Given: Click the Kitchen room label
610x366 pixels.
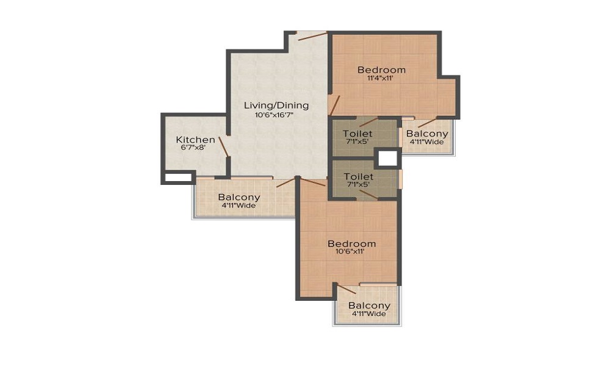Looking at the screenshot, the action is click(x=195, y=140).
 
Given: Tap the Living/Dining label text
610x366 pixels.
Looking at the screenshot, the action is click(x=276, y=106).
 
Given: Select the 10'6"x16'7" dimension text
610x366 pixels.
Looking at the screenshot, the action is click(x=274, y=115).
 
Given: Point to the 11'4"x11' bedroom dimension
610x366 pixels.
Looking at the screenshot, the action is click(x=381, y=78).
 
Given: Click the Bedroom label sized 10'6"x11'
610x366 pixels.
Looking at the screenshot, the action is click(x=352, y=244).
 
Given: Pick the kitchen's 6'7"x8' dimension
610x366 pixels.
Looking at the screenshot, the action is click(x=193, y=148).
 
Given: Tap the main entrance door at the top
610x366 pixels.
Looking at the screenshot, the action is click(x=312, y=36).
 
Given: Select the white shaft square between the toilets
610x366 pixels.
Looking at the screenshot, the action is click(x=387, y=159).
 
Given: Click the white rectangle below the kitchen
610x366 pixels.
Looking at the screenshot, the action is click(x=178, y=178).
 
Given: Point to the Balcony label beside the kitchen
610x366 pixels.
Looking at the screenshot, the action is click(x=239, y=197).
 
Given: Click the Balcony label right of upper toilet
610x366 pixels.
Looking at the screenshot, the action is click(x=427, y=134).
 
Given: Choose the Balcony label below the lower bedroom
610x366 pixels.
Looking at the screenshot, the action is click(x=369, y=306).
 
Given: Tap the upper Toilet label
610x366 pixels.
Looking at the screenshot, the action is click(x=357, y=134).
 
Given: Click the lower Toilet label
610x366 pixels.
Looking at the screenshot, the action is click(x=359, y=177).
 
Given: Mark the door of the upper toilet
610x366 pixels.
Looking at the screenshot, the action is click(x=368, y=122).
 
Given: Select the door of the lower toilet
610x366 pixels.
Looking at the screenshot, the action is click(x=368, y=195).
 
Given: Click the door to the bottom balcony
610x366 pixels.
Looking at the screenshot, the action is click(x=346, y=289).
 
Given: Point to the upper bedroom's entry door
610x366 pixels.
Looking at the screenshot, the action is click(x=334, y=106).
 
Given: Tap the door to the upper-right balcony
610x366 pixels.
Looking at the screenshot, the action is click(x=428, y=122).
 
